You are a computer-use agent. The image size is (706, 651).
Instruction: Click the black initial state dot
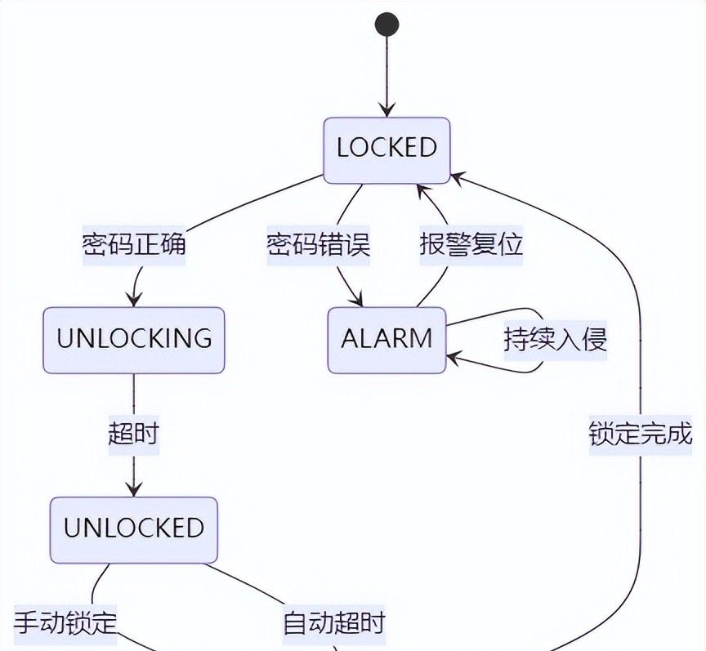tap(387, 25)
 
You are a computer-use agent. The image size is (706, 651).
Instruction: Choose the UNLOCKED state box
tap(134, 529)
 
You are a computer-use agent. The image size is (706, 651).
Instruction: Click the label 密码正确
tap(134, 244)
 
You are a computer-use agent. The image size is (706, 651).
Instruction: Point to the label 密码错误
tap(319, 244)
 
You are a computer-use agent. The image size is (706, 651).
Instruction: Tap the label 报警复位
tap(471, 244)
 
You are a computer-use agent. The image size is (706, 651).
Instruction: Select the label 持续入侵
tap(555, 339)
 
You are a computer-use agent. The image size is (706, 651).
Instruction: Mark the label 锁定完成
tap(641, 434)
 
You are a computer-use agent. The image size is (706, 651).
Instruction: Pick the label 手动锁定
tap(65, 623)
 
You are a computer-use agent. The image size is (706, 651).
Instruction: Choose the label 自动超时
tap(333, 623)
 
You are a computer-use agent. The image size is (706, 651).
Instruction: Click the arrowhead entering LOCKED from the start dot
tap(387, 111)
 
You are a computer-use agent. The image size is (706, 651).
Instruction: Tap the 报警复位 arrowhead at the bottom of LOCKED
tap(421, 190)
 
